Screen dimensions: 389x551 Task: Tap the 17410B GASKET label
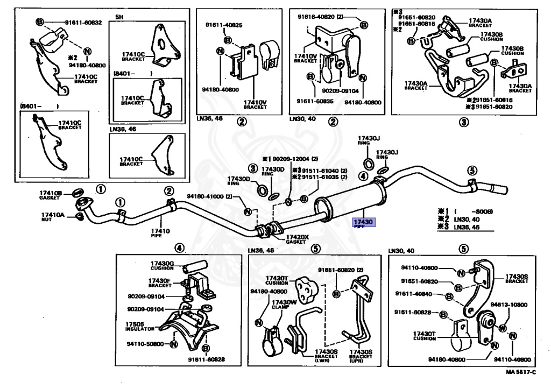(x=51, y=195)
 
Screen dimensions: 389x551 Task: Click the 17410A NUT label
(x=53, y=217)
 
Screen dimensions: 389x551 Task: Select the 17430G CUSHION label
(x=162, y=265)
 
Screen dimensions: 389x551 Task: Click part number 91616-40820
(x=321, y=17)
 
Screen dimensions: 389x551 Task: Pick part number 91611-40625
(x=223, y=25)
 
